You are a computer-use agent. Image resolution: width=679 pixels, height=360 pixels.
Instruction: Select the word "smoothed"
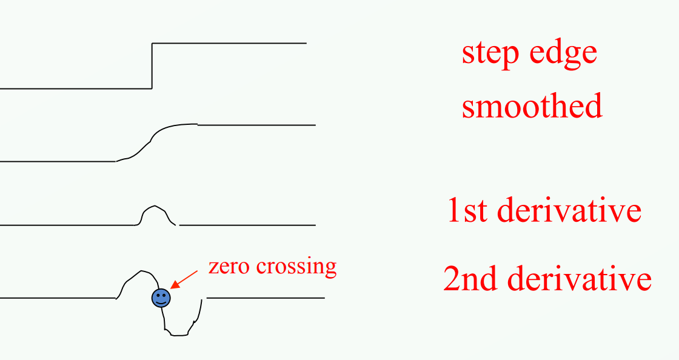[532, 105]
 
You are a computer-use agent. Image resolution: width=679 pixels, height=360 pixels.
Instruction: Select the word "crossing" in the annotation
[296, 267]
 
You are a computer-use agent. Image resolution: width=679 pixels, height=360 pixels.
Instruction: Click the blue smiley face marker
[161, 298]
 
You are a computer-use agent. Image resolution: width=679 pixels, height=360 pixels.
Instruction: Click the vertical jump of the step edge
[152, 65]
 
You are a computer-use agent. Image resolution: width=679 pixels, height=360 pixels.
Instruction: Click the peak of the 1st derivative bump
[154, 207]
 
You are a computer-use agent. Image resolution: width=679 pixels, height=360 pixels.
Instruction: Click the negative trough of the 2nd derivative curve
[179, 333]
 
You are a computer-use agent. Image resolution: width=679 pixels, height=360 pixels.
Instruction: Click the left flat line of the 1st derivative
[67, 225]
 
